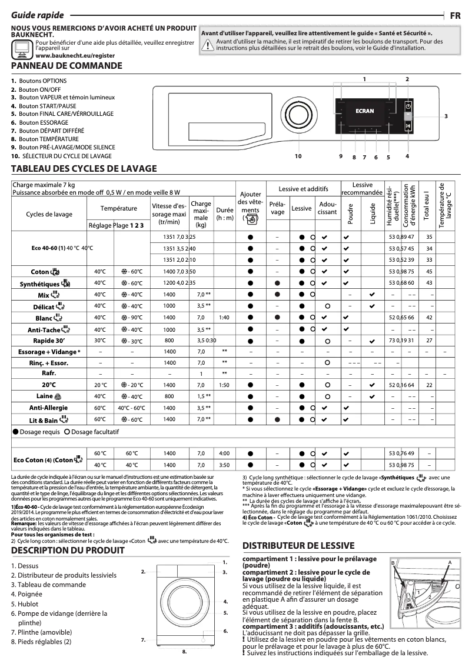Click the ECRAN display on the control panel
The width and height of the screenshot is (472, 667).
click(x=365, y=109)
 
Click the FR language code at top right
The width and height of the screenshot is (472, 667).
click(x=455, y=16)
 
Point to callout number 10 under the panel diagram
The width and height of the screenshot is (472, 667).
click(x=298, y=156)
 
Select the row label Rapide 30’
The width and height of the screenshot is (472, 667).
click(x=49, y=340)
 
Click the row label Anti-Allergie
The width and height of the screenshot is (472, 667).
click(x=49, y=408)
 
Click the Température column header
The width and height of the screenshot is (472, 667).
click(x=118, y=208)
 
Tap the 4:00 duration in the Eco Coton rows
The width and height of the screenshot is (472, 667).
click(x=224, y=453)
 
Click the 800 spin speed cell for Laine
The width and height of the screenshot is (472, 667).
click(x=169, y=396)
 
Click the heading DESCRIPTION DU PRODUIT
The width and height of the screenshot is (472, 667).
click(x=68, y=551)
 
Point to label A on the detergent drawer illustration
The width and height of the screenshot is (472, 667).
click(x=449, y=563)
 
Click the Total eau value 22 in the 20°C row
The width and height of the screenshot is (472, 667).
click(x=429, y=385)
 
